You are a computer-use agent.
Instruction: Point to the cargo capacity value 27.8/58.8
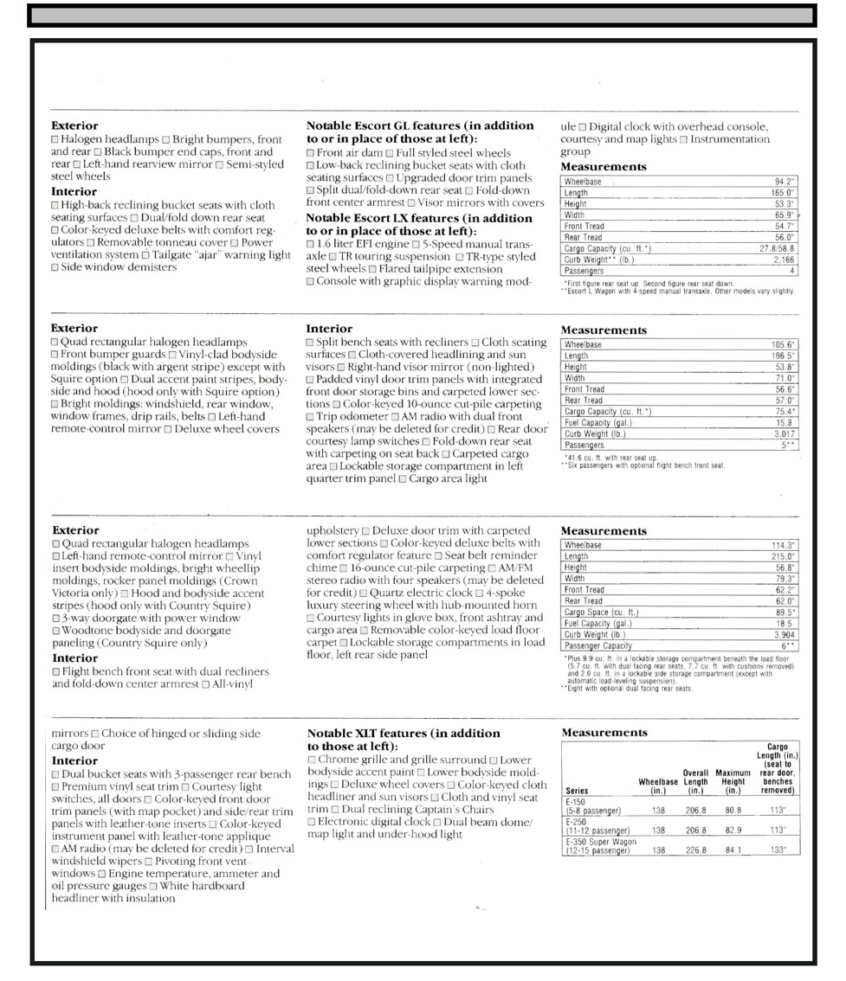[775, 248]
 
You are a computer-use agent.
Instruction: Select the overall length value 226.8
[694, 850]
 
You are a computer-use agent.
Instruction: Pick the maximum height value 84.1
[733, 850]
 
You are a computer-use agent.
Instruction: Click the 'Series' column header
[576, 791]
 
